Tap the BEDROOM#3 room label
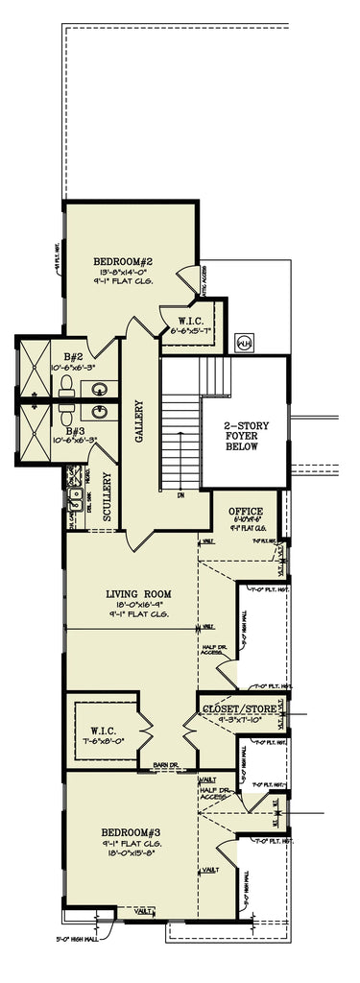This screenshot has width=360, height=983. pyautogui.click(x=132, y=831)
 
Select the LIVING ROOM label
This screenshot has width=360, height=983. pyautogui.click(x=138, y=594)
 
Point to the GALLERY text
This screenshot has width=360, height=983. pyautogui.click(x=138, y=422)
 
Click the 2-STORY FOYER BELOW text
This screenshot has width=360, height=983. pyautogui.click(x=242, y=437)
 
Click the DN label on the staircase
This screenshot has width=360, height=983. pyautogui.click(x=180, y=496)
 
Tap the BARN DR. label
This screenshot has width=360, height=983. pyautogui.click(x=156, y=766)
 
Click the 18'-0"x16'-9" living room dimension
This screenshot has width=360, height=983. pyautogui.click(x=138, y=606)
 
